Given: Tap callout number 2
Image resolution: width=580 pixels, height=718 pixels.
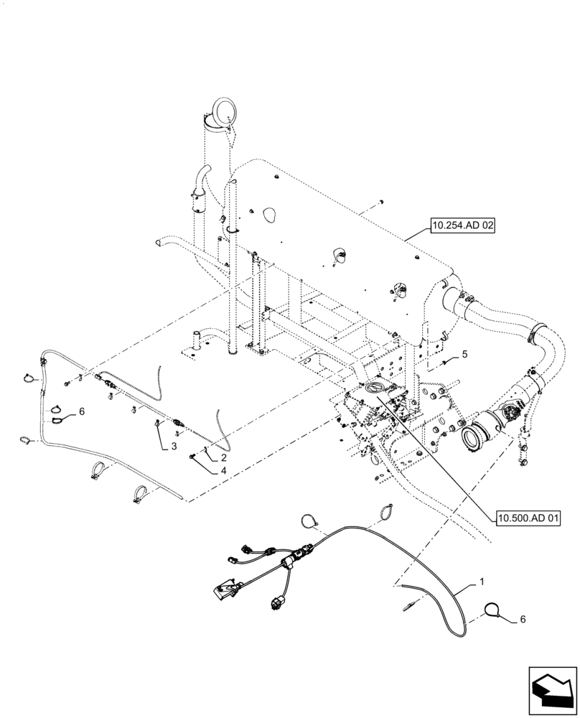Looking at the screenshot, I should pos(225,457).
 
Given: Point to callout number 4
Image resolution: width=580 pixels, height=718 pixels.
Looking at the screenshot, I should pos(225,471).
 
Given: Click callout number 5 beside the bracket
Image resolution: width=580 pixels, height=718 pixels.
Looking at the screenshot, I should pos(464,354).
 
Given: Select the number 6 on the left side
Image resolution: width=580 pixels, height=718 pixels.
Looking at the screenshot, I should pos(82,411).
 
